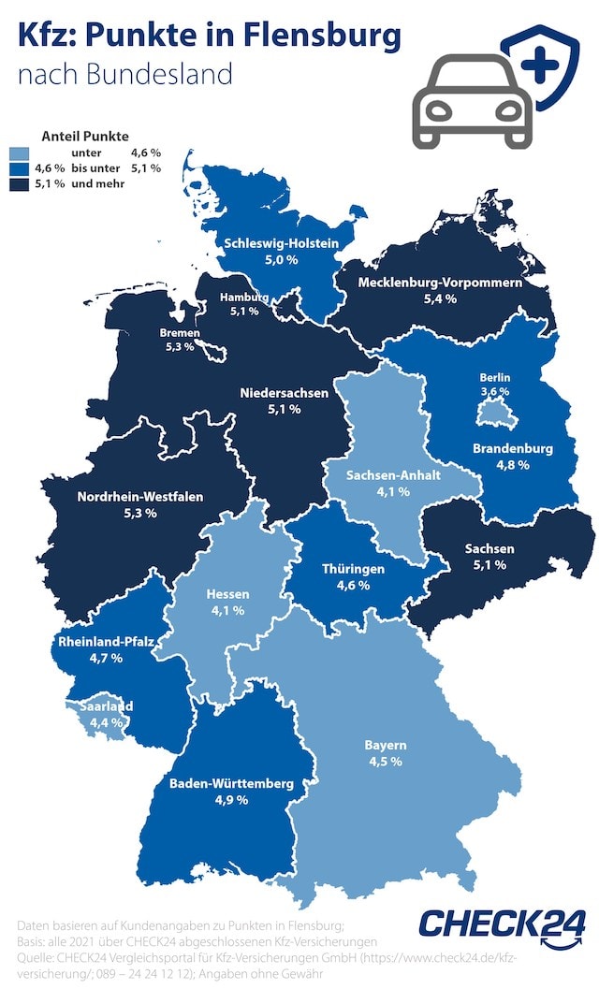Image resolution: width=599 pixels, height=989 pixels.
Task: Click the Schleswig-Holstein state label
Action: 280,243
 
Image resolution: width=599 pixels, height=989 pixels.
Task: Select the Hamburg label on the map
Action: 243,298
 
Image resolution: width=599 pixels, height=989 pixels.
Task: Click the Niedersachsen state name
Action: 284,393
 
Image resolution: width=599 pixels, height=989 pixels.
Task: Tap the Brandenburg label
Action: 513,448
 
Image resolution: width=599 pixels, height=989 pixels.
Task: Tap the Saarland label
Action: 105,706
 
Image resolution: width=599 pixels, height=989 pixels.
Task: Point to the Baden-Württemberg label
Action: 230,783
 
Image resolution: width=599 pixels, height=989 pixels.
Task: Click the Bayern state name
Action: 384,746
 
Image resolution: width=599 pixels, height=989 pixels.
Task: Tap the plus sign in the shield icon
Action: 540,66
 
